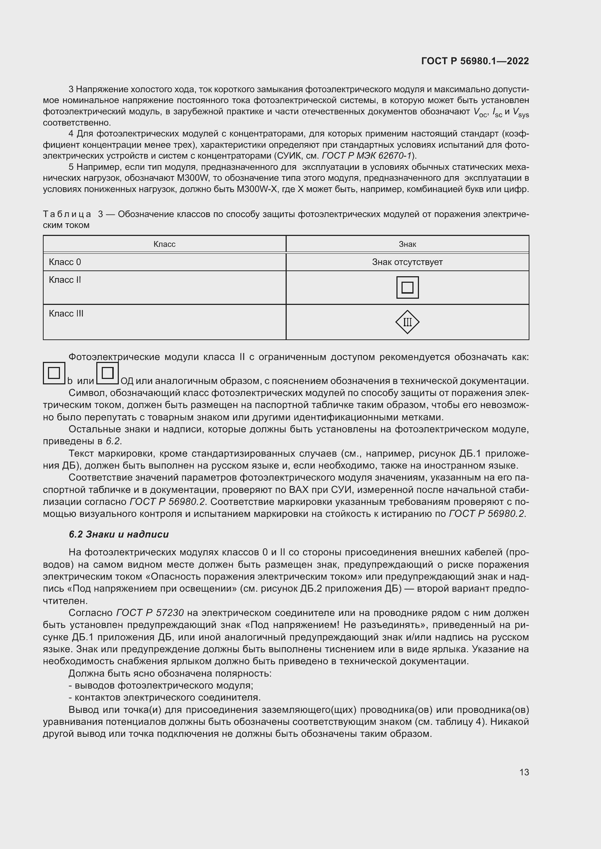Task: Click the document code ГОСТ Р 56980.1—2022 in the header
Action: click(475, 61)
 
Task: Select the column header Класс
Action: click(164, 244)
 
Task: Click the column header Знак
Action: click(407, 244)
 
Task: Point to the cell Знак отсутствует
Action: click(407, 262)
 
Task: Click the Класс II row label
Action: click(65, 280)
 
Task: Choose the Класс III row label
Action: click(66, 314)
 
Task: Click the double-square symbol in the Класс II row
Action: click(407, 287)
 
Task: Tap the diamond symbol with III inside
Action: click(407, 322)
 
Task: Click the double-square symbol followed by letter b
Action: click(54, 373)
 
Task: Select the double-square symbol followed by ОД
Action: click(107, 373)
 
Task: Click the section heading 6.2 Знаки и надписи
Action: click(118, 534)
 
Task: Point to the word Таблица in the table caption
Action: click(67, 214)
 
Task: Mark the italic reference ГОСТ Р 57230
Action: click(150, 613)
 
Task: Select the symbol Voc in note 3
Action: click(480, 112)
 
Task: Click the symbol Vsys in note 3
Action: click(521, 112)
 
